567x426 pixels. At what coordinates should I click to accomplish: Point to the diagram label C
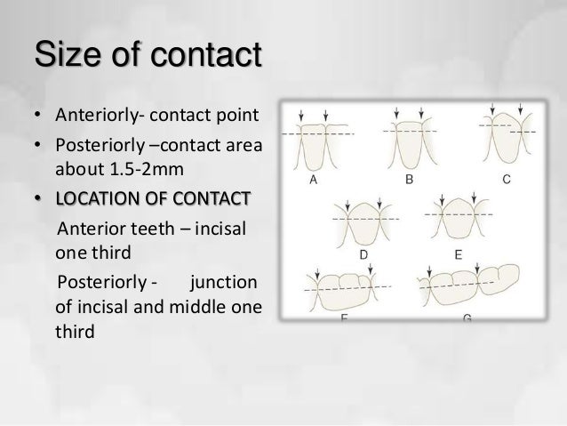[506, 180]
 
